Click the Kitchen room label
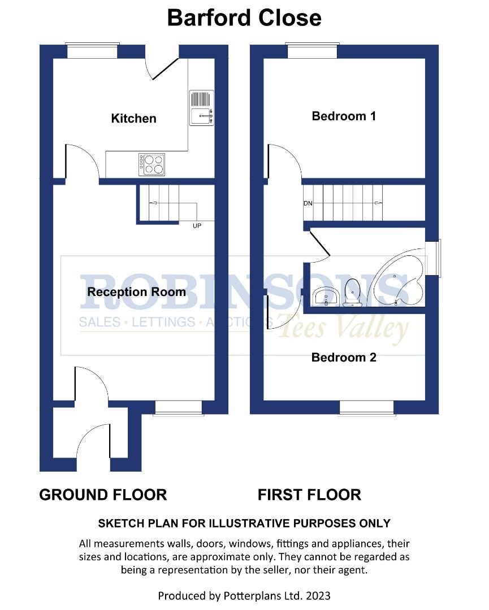pyautogui.click(x=133, y=119)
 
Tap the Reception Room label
pyautogui.click(x=136, y=292)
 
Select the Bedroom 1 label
pyautogui.click(x=344, y=116)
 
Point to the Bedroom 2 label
pyautogui.click(x=344, y=358)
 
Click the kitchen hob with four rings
pyautogui.click(x=152, y=164)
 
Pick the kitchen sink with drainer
pyautogui.click(x=202, y=108)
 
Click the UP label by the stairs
pyautogui.click(x=197, y=226)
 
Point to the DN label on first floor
pyautogui.click(x=308, y=203)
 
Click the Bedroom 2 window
pyautogui.click(x=366, y=408)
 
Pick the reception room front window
pyautogui.click(x=178, y=408)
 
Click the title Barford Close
pyautogui.click(x=244, y=18)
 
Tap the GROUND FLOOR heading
pyautogui.click(x=103, y=495)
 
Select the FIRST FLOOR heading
pyautogui.click(x=309, y=495)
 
